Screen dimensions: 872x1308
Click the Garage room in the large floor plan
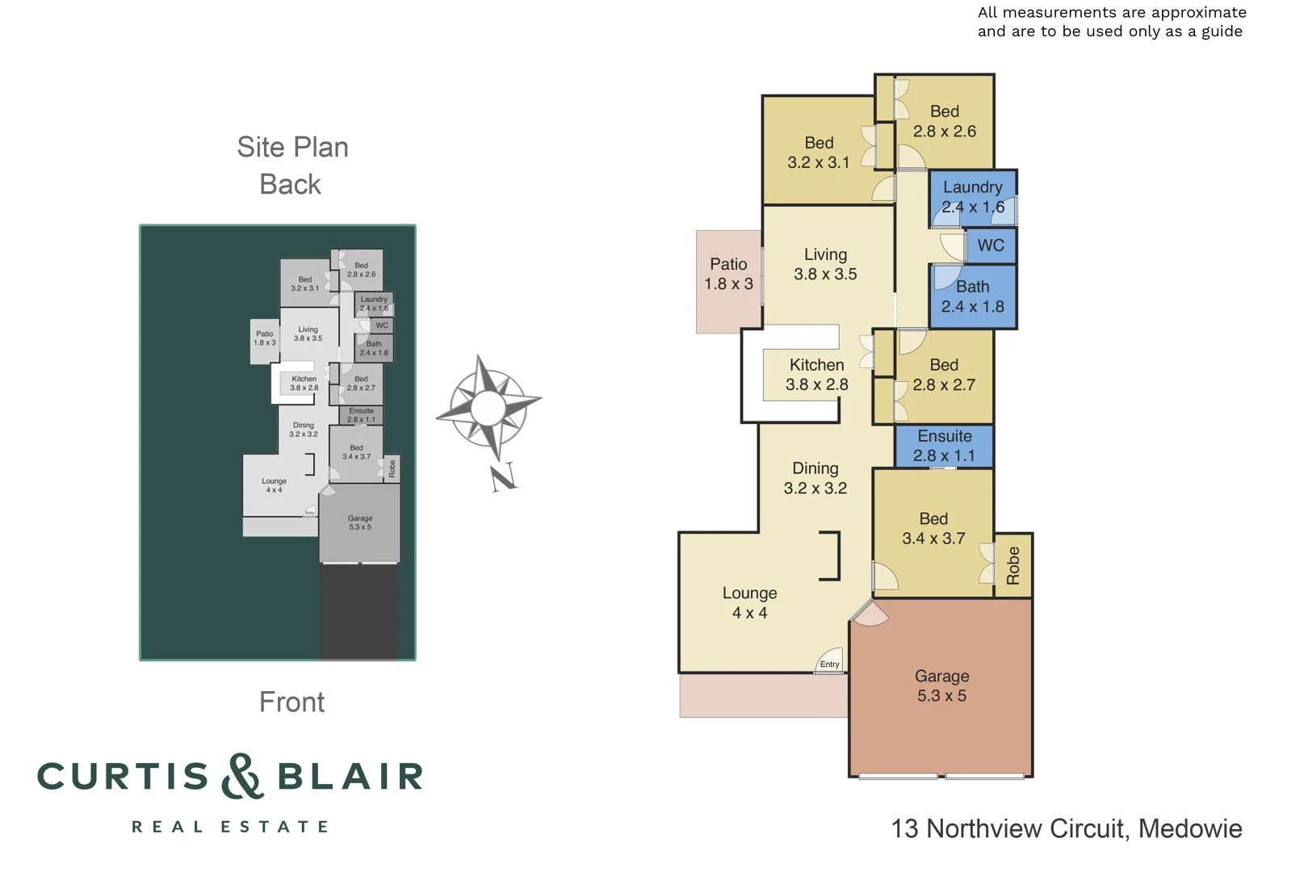click(941, 686)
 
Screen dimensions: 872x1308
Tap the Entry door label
click(829, 664)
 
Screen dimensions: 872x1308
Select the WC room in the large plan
click(991, 245)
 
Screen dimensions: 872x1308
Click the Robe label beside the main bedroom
click(1013, 565)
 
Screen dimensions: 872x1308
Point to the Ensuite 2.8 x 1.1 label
click(944, 446)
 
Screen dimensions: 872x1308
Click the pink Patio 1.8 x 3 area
click(728, 275)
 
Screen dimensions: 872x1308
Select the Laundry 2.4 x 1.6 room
click(972, 197)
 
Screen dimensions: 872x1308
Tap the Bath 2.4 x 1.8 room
click(972, 296)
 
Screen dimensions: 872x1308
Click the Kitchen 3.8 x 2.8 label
click(816, 375)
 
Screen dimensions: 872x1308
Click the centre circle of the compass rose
click(488, 406)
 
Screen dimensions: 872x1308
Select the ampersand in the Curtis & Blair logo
click(242, 777)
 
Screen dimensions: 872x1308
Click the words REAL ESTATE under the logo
click(230, 827)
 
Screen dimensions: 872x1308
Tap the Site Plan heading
click(292, 148)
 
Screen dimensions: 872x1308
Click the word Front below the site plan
click(291, 702)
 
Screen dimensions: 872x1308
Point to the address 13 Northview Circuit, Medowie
click(1066, 829)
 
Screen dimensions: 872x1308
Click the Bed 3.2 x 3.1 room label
click(819, 153)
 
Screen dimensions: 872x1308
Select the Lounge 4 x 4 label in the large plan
click(749, 603)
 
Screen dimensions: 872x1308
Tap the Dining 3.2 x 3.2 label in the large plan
click(815, 478)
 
